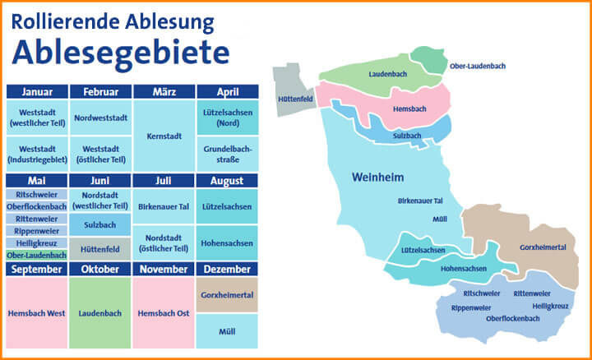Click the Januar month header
pos(36,91)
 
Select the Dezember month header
pos(227,269)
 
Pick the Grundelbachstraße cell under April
pos(227,154)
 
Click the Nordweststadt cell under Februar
pos(100,118)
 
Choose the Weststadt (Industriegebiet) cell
pos(36,153)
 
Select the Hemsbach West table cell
pos(36,312)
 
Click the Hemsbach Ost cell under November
pos(163,312)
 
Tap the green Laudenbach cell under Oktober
pos(100,312)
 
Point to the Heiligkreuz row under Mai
pos(36,243)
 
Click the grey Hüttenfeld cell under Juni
pos(100,248)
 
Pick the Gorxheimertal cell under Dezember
pos(227,293)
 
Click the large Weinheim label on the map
pos(376,178)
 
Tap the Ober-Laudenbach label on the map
pos(477,66)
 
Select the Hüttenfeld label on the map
pos(297,98)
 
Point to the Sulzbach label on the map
pos(407,135)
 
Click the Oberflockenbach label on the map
pos(513,318)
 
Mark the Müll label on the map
pos(441,219)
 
